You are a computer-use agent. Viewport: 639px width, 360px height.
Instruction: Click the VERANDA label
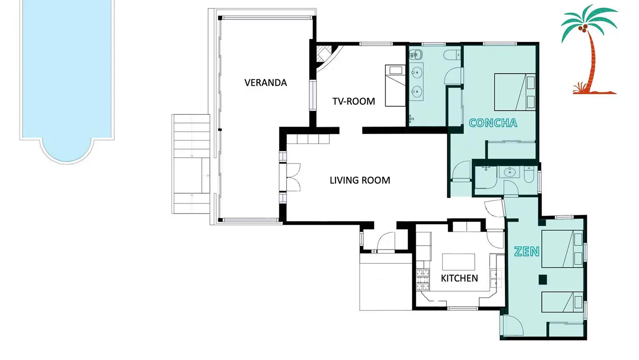(265, 83)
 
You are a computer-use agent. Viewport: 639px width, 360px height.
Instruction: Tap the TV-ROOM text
(353, 101)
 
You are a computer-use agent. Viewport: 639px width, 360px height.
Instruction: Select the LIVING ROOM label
(360, 180)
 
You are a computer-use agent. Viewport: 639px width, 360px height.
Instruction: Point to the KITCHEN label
(459, 278)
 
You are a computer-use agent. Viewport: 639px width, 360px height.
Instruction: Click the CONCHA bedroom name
(493, 123)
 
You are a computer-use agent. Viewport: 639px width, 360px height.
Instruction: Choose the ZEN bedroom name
(527, 252)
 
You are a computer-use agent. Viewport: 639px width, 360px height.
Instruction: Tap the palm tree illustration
(590, 49)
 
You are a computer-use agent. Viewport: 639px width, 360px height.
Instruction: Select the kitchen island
(458, 262)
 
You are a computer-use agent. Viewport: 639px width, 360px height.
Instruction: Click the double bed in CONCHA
(515, 92)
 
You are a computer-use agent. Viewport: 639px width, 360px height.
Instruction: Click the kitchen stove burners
(423, 280)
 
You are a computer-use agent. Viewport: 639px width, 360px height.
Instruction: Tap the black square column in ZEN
(543, 280)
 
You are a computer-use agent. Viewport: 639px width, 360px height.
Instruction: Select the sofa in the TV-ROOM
(395, 86)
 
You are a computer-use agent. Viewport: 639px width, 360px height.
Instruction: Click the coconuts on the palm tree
(583, 28)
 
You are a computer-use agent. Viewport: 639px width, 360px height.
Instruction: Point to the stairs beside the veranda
(191, 164)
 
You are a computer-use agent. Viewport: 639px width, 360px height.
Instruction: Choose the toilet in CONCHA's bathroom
(452, 55)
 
